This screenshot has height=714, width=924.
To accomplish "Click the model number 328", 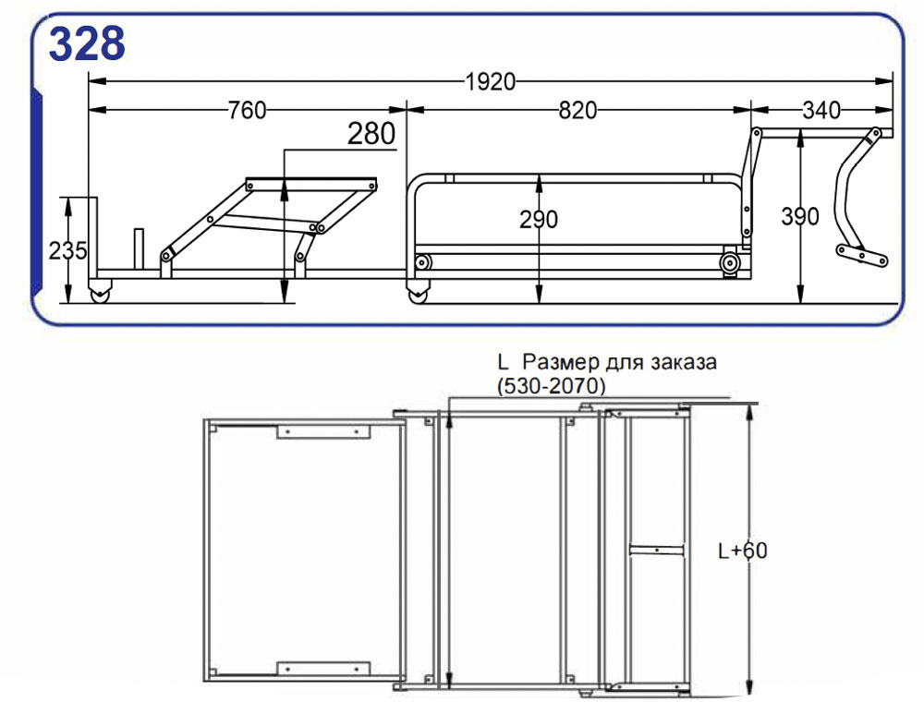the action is (x=87, y=43).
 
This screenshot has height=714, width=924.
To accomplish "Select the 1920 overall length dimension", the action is (x=491, y=82).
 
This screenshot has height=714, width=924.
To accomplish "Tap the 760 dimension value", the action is (x=247, y=110).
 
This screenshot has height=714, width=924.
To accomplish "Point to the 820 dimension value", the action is (x=577, y=110).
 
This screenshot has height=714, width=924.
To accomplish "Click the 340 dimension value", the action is (x=821, y=110).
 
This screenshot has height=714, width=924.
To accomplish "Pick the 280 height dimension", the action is (x=371, y=134).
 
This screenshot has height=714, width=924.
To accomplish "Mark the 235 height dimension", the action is (x=67, y=251).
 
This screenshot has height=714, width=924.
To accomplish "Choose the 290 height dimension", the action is (x=539, y=219).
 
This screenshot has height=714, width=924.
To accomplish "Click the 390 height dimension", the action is (x=799, y=217).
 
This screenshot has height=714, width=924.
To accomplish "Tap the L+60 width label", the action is (x=743, y=551).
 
